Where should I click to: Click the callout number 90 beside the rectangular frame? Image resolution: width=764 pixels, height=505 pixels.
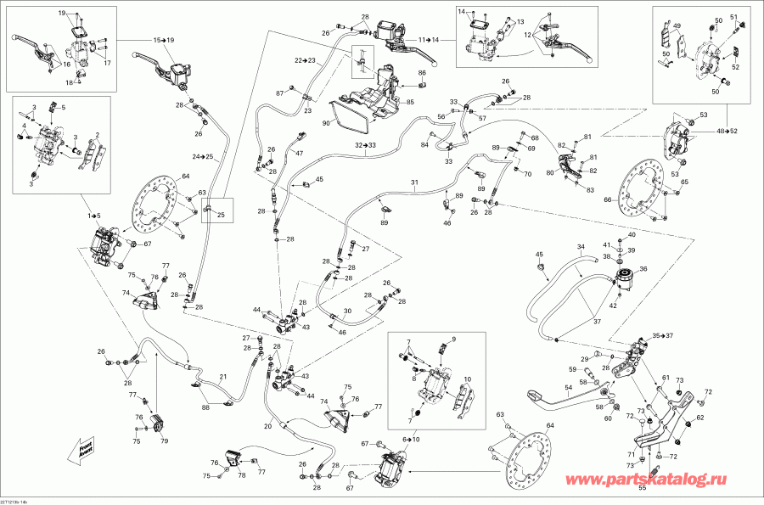tap(325, 123)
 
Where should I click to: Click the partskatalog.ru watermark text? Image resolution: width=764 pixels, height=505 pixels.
tap(646, 481)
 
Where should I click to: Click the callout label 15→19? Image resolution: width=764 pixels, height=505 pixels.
tap(163, 40)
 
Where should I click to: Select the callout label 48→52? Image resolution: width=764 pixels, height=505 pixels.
tap(727, 132)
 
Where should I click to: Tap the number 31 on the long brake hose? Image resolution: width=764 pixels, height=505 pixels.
tap(414, 183)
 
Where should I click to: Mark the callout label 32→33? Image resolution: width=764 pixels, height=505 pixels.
tap(366, 146)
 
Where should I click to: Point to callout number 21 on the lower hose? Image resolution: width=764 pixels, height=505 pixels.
tap(223, 377)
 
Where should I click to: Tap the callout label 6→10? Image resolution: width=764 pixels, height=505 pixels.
tap(411, 440)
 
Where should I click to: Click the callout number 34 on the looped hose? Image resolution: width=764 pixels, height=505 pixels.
tap(581, 248)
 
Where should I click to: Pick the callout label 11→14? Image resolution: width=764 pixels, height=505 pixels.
tap(428, 40)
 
